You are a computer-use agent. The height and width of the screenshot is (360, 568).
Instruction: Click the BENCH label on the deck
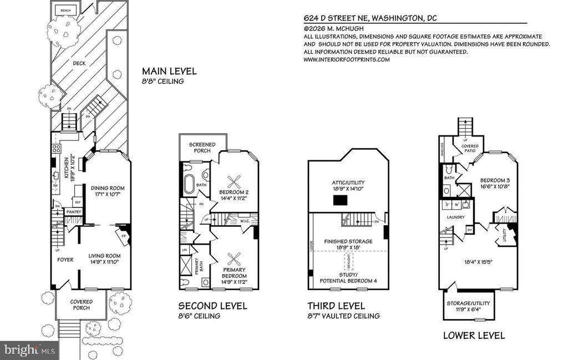click(65, 10)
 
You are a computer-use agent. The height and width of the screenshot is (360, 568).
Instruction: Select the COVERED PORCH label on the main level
click(81, 305)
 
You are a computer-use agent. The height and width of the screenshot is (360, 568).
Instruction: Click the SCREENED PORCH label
click(201, 147)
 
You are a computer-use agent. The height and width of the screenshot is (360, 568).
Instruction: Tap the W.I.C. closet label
click(245, 221)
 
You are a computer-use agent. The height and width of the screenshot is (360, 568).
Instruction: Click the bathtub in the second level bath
click(189, 184)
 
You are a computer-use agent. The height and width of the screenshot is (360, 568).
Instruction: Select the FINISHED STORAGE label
click(348, 242)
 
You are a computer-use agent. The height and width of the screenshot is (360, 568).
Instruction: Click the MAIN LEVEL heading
click(169, 72)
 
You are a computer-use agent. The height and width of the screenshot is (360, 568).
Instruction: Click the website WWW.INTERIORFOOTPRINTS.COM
click(347, 59)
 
